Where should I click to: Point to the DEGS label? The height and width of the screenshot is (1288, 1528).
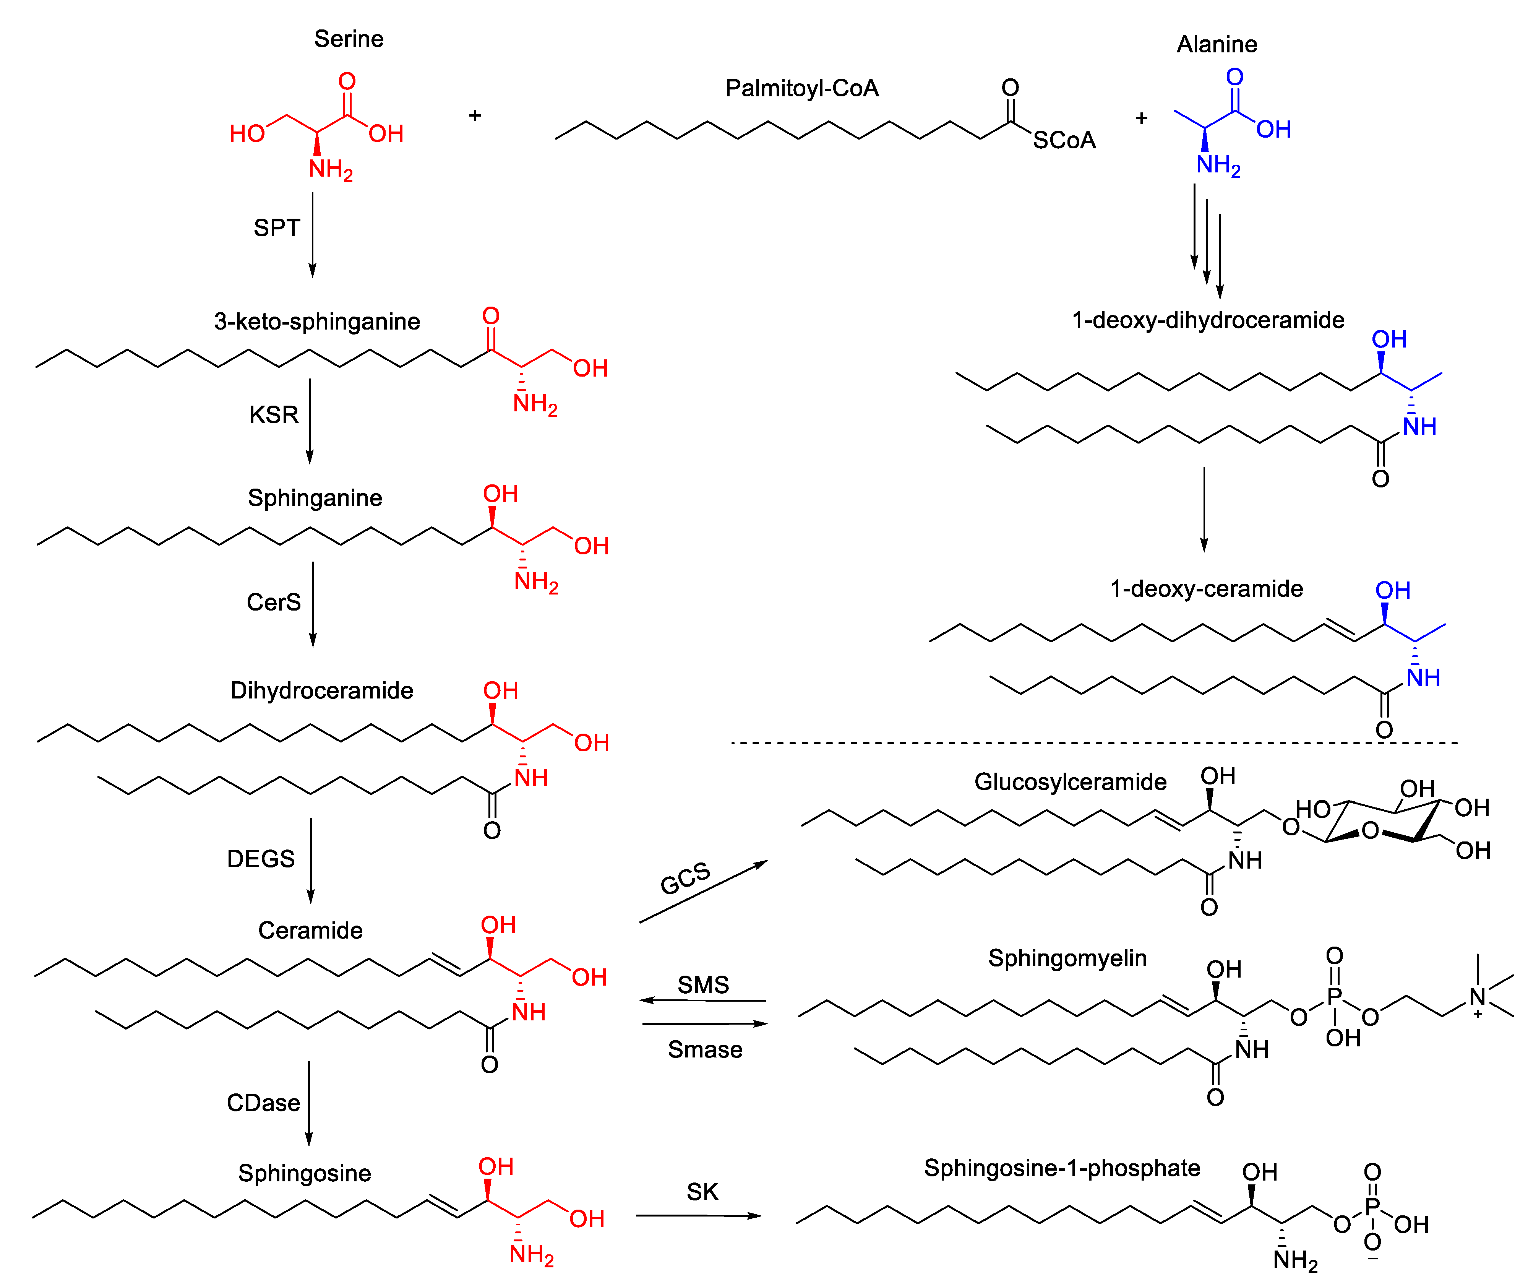[x=261, y=859]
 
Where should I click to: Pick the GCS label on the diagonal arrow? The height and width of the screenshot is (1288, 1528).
[x=685, y=879]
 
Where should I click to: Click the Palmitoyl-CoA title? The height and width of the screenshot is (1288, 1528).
[x=801, y=88]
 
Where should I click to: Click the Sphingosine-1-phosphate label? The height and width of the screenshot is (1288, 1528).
[x=1061, y=1168]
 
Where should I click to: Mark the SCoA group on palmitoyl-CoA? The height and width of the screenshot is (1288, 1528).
[x=1064, y=140]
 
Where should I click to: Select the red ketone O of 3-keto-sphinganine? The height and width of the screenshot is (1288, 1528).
[x=491, y=316]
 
